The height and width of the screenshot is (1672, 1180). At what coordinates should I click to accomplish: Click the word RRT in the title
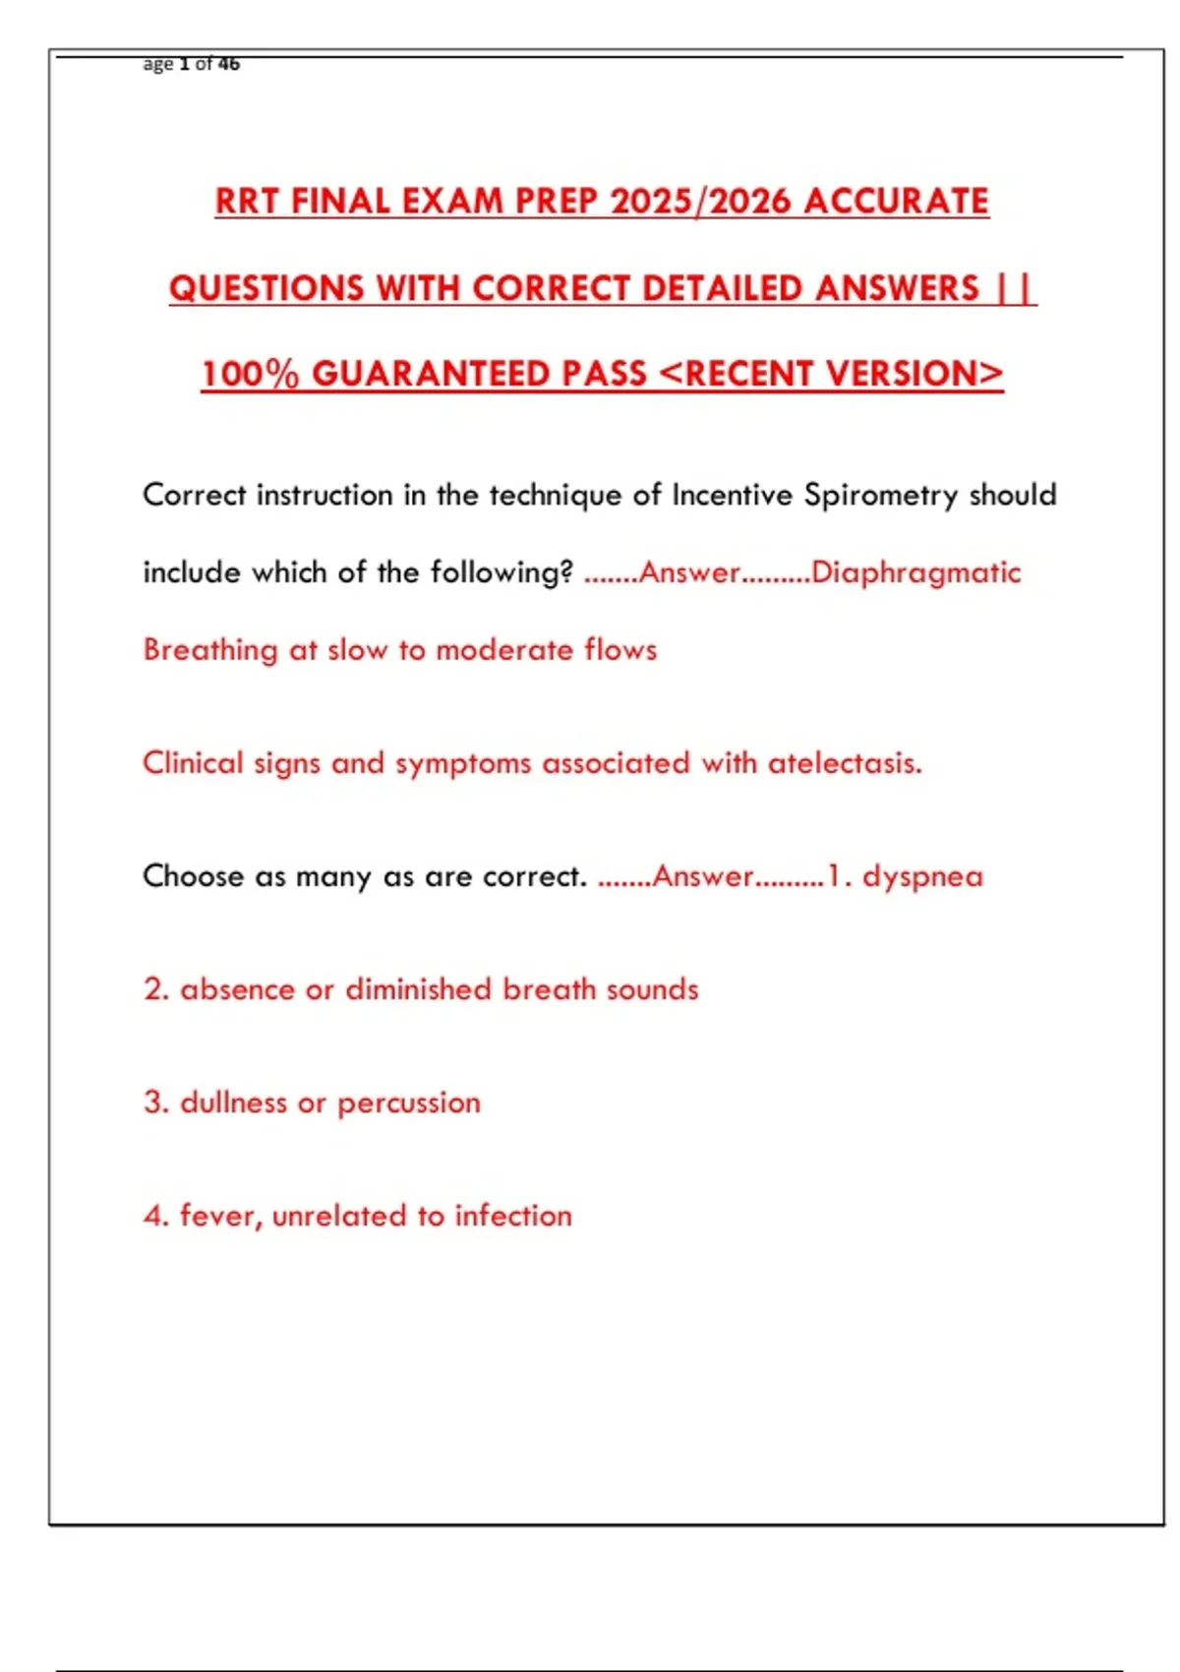pos(247,202)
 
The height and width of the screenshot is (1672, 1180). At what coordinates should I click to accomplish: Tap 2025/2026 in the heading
pos(700,202)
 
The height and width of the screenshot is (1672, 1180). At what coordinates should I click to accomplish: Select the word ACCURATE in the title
pos(896,202)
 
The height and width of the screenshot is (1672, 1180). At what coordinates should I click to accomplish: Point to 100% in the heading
pos(250,375)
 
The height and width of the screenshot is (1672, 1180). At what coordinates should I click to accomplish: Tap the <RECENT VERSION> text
pos(831,375)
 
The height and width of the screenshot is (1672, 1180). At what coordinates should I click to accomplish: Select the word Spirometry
pos(881,495)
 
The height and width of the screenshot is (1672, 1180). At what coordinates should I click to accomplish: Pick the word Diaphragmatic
pos(915,572)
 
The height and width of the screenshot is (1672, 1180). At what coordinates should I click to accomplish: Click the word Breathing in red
pos(210,650)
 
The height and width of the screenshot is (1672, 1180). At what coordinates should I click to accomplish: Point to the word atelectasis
pos(845,763)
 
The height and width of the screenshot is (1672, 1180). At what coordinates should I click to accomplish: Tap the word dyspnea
pos(922,876)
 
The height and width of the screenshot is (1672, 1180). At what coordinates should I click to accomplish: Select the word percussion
pos(409,1104)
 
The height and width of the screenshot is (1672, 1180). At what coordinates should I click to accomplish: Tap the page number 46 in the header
pos(229,64)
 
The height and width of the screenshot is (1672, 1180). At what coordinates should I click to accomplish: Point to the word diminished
pos(418,989)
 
